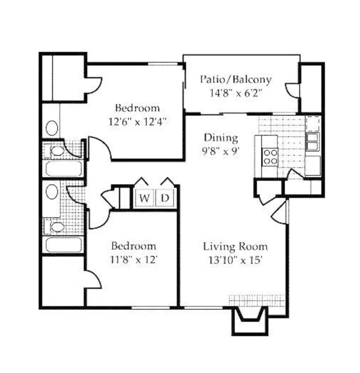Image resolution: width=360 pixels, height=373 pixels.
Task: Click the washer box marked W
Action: [x=144, y=198]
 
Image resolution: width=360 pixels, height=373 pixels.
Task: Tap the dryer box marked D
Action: [x=165, y=198]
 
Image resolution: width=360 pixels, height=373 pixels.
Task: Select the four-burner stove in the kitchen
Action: [x=270, y=157]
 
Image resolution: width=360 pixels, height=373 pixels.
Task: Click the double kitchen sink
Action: [x=312, y=141]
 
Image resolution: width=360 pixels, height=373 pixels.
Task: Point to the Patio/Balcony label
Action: [x=235, y=79]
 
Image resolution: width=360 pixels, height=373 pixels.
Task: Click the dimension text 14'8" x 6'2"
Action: [x=235, y=93]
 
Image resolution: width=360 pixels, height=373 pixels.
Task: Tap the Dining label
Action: [x=221, y=138]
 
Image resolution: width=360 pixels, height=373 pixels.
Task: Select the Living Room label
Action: [x=235, y=246]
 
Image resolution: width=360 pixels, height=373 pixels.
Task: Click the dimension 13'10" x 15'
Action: [x=235, y=260]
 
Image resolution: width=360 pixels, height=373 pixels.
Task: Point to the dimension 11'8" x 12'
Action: [x=134, y=259]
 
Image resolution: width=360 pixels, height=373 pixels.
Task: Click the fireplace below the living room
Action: [x=250, y=320]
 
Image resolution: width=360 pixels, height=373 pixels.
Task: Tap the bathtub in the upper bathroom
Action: [x=64, y=168]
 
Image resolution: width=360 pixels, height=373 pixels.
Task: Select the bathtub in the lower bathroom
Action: [x=64, y=244]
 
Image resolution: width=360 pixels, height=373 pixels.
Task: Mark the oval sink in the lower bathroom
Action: [x=52, y=192]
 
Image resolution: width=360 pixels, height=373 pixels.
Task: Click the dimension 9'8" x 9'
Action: [x=221, y=151]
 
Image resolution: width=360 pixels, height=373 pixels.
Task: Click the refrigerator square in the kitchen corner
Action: [x=313, y=124]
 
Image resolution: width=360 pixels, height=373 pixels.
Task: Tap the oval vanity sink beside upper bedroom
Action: [x=52, y=128]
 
